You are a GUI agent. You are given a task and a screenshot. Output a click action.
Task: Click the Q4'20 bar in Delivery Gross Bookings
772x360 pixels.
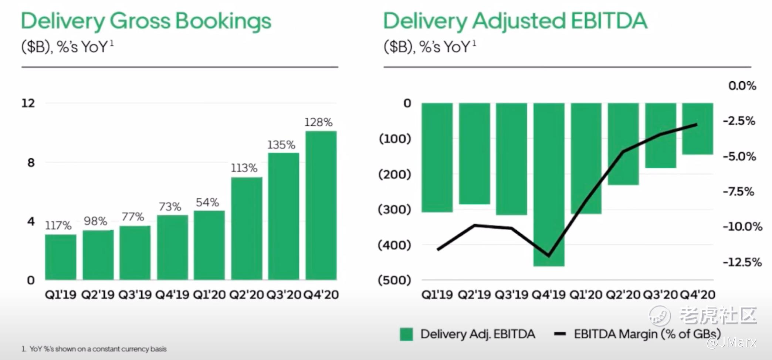tap(321, 205)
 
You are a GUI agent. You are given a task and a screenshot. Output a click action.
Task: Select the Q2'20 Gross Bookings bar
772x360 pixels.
tap(247, 228)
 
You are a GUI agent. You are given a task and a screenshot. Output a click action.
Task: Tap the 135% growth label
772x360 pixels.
tap(281, 145)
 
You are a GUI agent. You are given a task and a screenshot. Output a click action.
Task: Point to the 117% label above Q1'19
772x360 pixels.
tap(58, 225)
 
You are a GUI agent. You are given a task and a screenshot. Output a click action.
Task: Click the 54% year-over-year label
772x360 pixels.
tap(207, 202)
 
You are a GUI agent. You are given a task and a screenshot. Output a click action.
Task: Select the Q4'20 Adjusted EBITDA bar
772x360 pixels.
tap(697, 128)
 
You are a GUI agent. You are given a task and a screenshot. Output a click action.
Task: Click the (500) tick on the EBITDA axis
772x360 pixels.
tap(394, 280)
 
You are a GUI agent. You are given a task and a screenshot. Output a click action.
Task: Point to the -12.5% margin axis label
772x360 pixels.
tap(742, 262)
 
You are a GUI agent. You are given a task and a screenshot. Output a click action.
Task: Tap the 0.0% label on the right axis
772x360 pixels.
tap(742, 86)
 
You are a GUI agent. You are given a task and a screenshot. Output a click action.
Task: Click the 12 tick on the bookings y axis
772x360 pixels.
tap(28, 103)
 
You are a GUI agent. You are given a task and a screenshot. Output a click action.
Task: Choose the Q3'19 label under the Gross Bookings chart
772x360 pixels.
tap(135, 295)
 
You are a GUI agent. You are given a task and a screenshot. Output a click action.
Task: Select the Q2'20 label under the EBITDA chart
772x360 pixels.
tap(623, 295)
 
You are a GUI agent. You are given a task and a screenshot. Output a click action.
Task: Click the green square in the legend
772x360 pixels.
tap(406, 334)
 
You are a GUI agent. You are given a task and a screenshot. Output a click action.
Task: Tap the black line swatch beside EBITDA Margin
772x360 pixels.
tap(560, 334)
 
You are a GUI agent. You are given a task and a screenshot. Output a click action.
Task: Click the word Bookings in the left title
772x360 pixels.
tap(223, 21)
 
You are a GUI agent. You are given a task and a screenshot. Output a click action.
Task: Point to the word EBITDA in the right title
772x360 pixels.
tap(609, 21)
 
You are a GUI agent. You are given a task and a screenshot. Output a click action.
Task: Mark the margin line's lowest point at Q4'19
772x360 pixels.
tap(548, 255)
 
